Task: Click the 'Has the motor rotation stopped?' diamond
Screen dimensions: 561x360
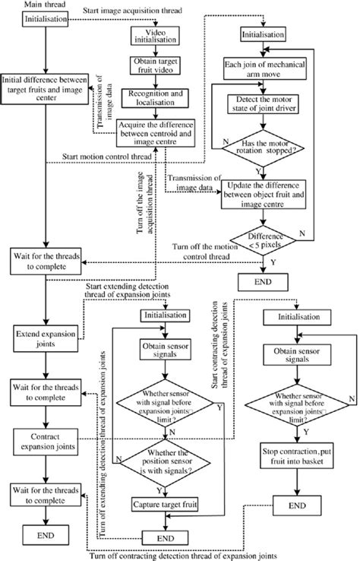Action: (264, 157)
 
